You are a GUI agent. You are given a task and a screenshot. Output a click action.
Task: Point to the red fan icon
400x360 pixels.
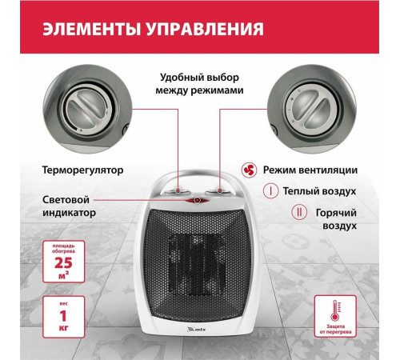(x=250, y=170)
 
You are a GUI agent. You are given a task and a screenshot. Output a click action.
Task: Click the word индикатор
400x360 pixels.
(x=71, y=214)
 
